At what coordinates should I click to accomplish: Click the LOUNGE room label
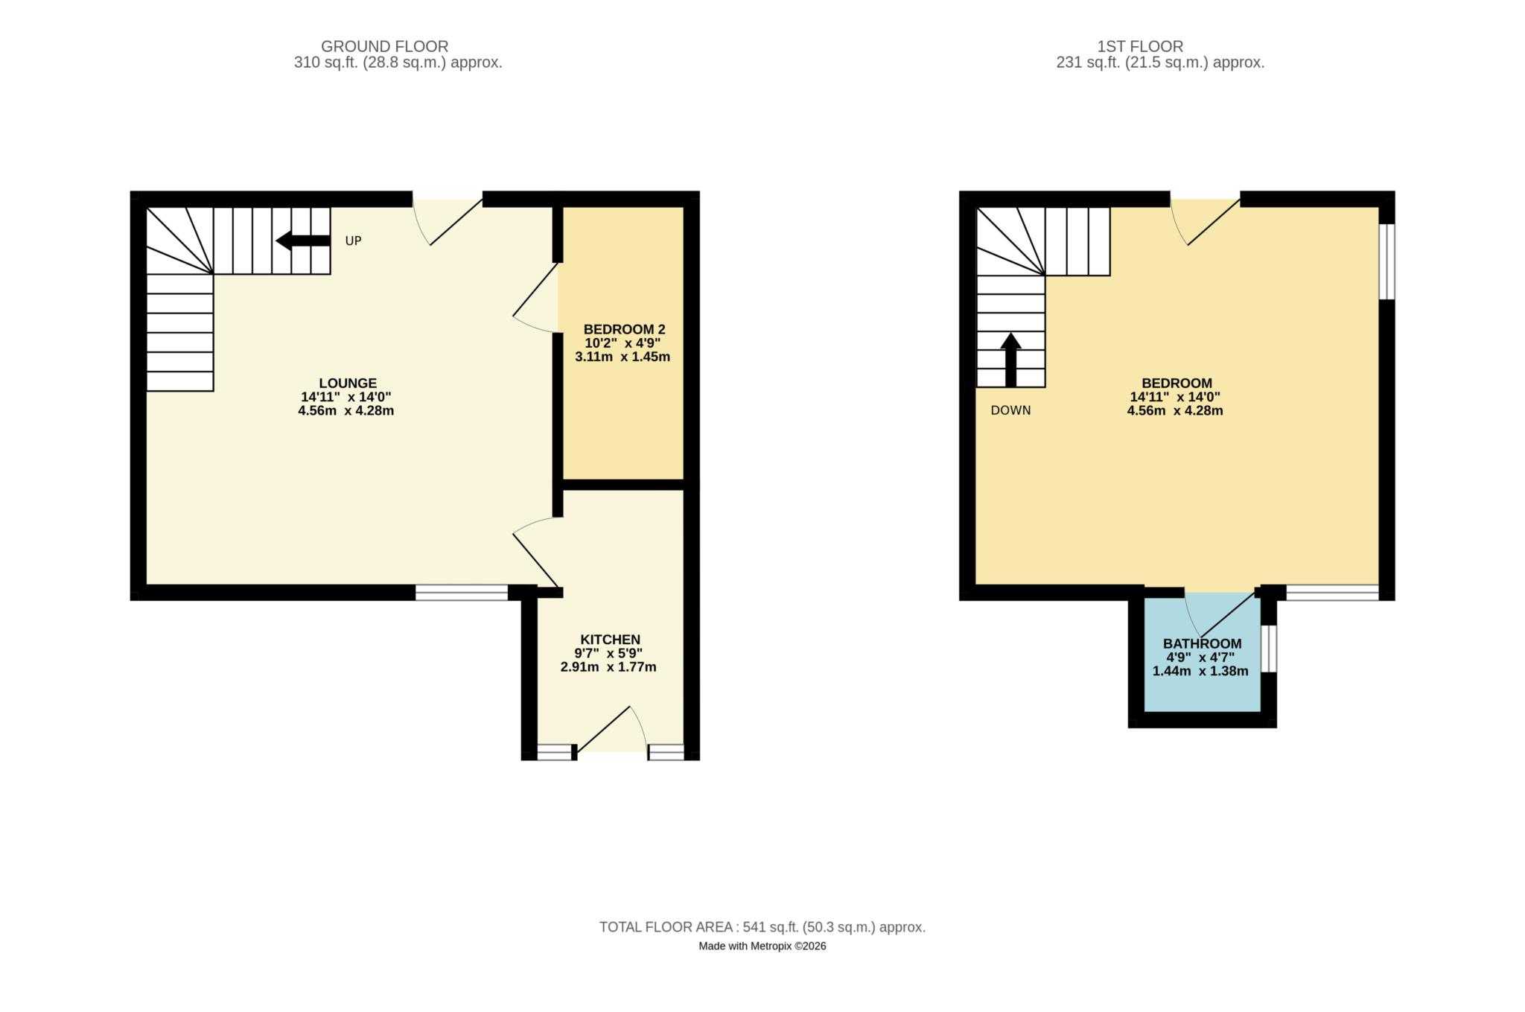(348, 384)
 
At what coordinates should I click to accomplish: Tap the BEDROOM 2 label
(624, 329)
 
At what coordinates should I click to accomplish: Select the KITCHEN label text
(610, 640)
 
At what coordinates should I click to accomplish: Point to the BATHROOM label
(1202, 644)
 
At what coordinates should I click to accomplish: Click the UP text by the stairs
(353, 241)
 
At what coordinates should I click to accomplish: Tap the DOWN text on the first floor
(1010, 410)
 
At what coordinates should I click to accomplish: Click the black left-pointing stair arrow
(302, 241)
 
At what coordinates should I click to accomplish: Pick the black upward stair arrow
(1010, 360)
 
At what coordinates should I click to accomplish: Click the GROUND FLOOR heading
(384, 46)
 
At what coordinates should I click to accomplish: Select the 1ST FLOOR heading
(1140, 46)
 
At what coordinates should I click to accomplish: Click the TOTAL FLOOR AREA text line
(762, 927)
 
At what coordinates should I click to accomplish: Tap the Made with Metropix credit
(762, 946)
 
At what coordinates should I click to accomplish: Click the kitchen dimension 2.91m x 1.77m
(608, 667)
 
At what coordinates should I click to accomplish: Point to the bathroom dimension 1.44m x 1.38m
(1200, 671)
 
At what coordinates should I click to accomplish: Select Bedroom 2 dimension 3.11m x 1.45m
(623, 357)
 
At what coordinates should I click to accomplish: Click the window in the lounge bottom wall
(461, 593)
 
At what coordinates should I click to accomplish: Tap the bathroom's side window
(1269, 648)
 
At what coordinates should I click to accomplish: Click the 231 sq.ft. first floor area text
(1160, 63)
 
